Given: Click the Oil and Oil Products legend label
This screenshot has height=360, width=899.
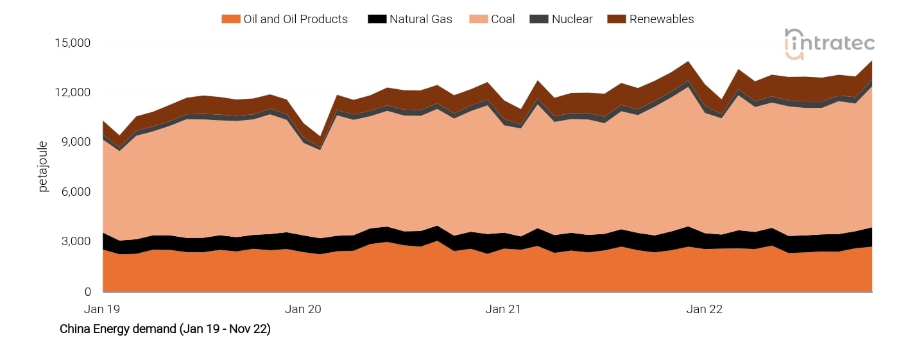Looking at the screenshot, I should (295, 19).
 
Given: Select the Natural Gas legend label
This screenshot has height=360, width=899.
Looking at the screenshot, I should (420, 19).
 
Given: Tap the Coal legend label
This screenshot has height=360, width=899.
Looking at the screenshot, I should (502, 19).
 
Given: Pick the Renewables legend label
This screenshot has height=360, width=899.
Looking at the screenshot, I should (661, 19).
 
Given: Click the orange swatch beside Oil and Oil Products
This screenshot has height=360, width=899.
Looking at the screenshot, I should (230, 19).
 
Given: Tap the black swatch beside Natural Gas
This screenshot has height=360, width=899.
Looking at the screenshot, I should (377, 19).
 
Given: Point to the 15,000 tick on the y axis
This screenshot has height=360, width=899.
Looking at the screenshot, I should (74, 43).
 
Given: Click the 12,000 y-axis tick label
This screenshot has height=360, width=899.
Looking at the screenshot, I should (74, 92).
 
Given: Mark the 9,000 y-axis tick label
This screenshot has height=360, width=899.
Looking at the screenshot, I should (76, 142).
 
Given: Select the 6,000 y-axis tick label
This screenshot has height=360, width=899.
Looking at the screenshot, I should (76, 192).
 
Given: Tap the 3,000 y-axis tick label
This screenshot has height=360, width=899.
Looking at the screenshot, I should (76, 242).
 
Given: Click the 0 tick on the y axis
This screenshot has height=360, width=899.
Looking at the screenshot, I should (88, 292).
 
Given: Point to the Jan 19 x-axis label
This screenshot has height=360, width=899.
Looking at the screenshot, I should (103, 309).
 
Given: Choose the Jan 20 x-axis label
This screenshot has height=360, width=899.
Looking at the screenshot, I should (304, 309).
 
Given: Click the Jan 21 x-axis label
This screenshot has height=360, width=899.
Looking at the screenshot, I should (504, 309).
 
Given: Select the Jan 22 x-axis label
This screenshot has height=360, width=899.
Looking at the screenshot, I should (705, 309).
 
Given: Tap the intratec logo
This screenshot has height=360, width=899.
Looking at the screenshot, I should (829, 44).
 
